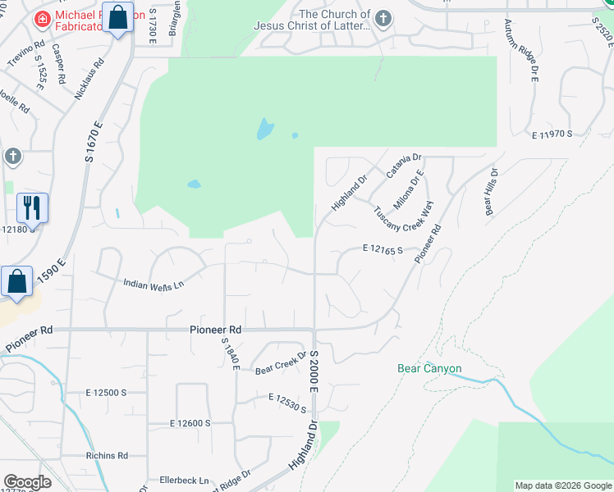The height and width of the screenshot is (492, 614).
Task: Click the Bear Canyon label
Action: pos(429,369)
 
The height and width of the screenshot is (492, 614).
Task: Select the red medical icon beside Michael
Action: pos(40,17)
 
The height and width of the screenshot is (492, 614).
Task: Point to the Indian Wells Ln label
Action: pos(153,285)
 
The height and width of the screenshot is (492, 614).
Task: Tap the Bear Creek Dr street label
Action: pos(280,363)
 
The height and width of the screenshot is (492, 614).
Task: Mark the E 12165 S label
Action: pos(383,249)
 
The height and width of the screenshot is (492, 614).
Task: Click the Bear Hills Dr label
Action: pos(492,192)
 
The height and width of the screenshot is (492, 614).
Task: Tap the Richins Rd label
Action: pos(107,455)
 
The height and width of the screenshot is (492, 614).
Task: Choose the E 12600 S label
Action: pos(190,423)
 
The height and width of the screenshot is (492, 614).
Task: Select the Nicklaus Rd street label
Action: pos(90,79)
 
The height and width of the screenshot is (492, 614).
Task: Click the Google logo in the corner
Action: pos(28,482)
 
